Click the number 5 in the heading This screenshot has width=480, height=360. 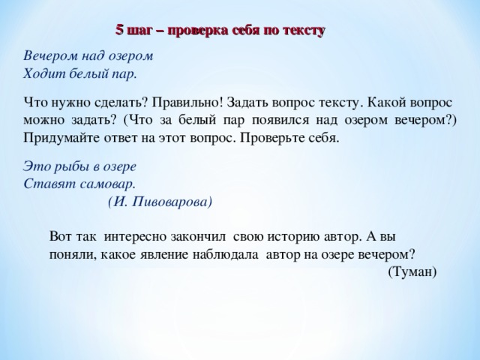click(119, 30)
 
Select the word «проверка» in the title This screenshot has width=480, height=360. click(197, 31)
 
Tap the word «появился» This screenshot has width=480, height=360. click(298, 120)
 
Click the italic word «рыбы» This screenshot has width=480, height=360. click(67, 165)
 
